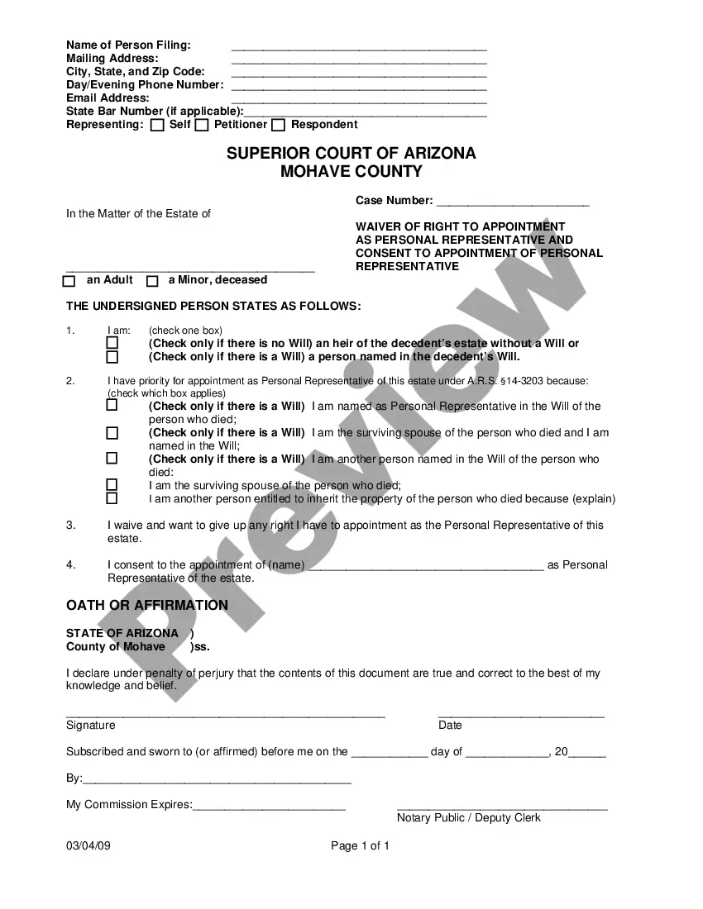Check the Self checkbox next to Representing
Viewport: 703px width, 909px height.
click(x=157, y=126)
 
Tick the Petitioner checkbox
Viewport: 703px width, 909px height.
click(x=202, y=126)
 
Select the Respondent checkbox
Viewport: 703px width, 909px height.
click(x=278, y=126)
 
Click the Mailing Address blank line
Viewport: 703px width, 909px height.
click(x=359, y=61)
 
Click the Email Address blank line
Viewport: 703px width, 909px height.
click(x=359, y=101)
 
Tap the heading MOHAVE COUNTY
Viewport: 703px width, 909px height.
click(x=351, y=172)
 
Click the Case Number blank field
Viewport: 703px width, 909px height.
click(x=512, y=203)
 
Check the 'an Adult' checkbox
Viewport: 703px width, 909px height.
click(x=69, y=281)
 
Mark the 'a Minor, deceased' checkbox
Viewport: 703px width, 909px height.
click(x=152, y=281)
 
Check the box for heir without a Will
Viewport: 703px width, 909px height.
click(x=112, y=343)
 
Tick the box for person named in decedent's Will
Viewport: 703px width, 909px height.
click(x=112, y=357)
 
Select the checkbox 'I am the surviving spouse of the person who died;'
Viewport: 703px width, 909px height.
click(x=112, y=485)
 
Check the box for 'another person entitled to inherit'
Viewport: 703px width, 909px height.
click(x=112, y=498)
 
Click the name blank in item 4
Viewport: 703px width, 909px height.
click(x=426, y=567)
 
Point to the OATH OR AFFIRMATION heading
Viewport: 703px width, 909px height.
click(x=147, y=606)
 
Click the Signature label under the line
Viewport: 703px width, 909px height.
click(x=91, y=726)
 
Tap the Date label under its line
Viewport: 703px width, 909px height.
click(x=450, y=726)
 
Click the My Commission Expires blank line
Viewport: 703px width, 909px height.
click(x=269, y=807)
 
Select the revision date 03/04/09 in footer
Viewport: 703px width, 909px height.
click(x=88, y=846)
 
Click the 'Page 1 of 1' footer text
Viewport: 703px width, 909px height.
click(x=360, y=846)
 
